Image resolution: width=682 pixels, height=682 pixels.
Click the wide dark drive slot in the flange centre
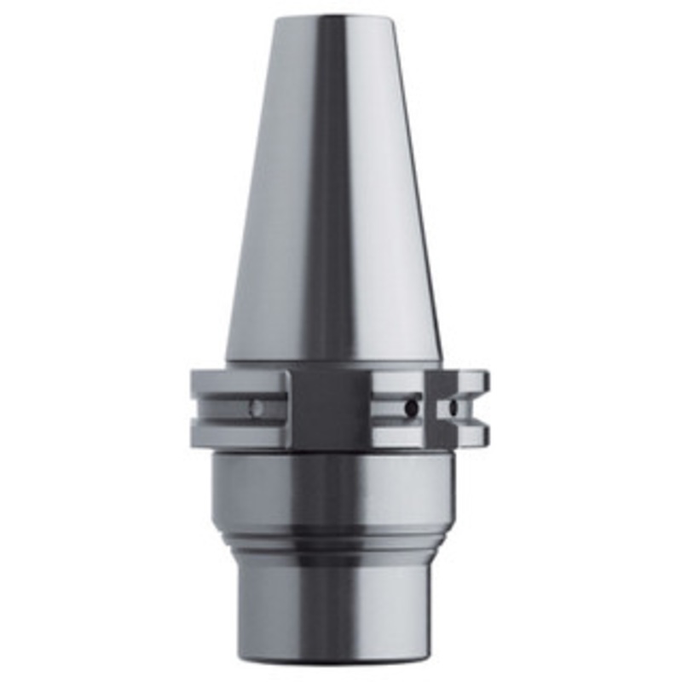click(x=328, y=409)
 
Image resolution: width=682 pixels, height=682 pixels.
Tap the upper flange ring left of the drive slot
click(x=239, y=383)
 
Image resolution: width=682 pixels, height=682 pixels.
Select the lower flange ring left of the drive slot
click(x=239, y=435)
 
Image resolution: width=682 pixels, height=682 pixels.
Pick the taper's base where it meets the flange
click(x=332, y=360)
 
